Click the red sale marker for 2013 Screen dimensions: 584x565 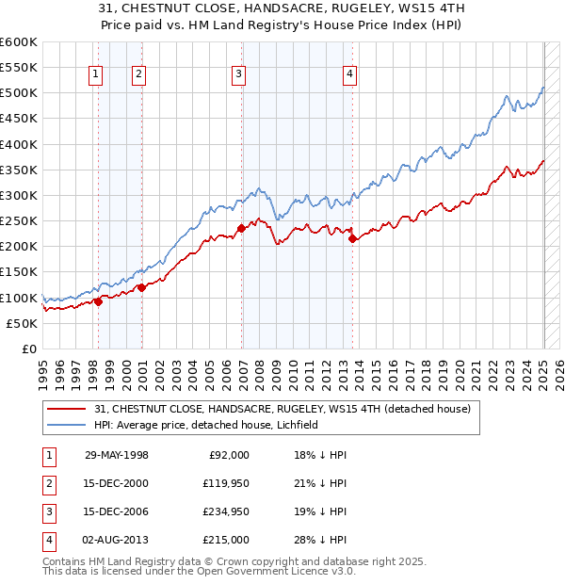click(x=353, y=239)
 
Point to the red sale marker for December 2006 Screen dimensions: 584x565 click(x=241, y=228)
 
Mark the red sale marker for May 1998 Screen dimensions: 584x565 click(x=98, y=301)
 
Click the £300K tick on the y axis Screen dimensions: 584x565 click(x=18, y=195)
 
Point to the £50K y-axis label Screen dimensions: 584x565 click(x=21, y=323)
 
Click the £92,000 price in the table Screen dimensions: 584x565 click(x=229, y=455)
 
